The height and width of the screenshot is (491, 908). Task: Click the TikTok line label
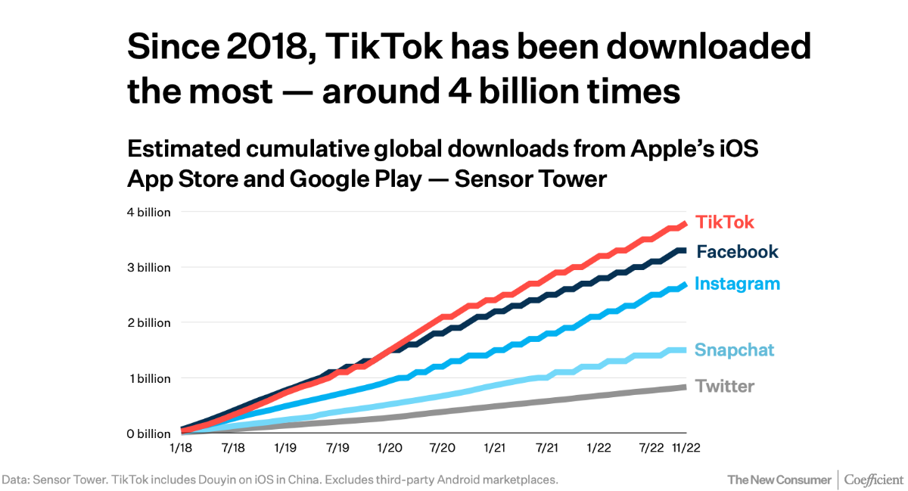point(725,222)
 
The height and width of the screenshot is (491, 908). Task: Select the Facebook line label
point(737,252)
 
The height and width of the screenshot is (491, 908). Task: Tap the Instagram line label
point(737,284)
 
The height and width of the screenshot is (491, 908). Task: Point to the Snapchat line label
point(735,350)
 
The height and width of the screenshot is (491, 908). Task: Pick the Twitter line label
point(725,387)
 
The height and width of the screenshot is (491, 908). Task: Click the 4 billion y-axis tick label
point(149,213)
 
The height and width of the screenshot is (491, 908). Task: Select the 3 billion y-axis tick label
point(149,268)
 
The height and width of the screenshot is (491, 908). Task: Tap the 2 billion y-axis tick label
point(149,323)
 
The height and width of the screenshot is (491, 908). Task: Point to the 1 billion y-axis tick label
point(150,378)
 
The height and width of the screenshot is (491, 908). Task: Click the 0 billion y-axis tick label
point(149,434)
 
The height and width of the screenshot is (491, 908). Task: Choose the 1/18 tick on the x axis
point(182,449)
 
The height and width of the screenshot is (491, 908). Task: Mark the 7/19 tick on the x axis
point(337,449)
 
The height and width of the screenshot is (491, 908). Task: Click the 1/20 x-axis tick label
point(390,449)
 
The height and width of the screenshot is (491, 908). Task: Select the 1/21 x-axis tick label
point(494,449)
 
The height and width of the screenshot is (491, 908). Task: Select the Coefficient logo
point(873,480)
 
